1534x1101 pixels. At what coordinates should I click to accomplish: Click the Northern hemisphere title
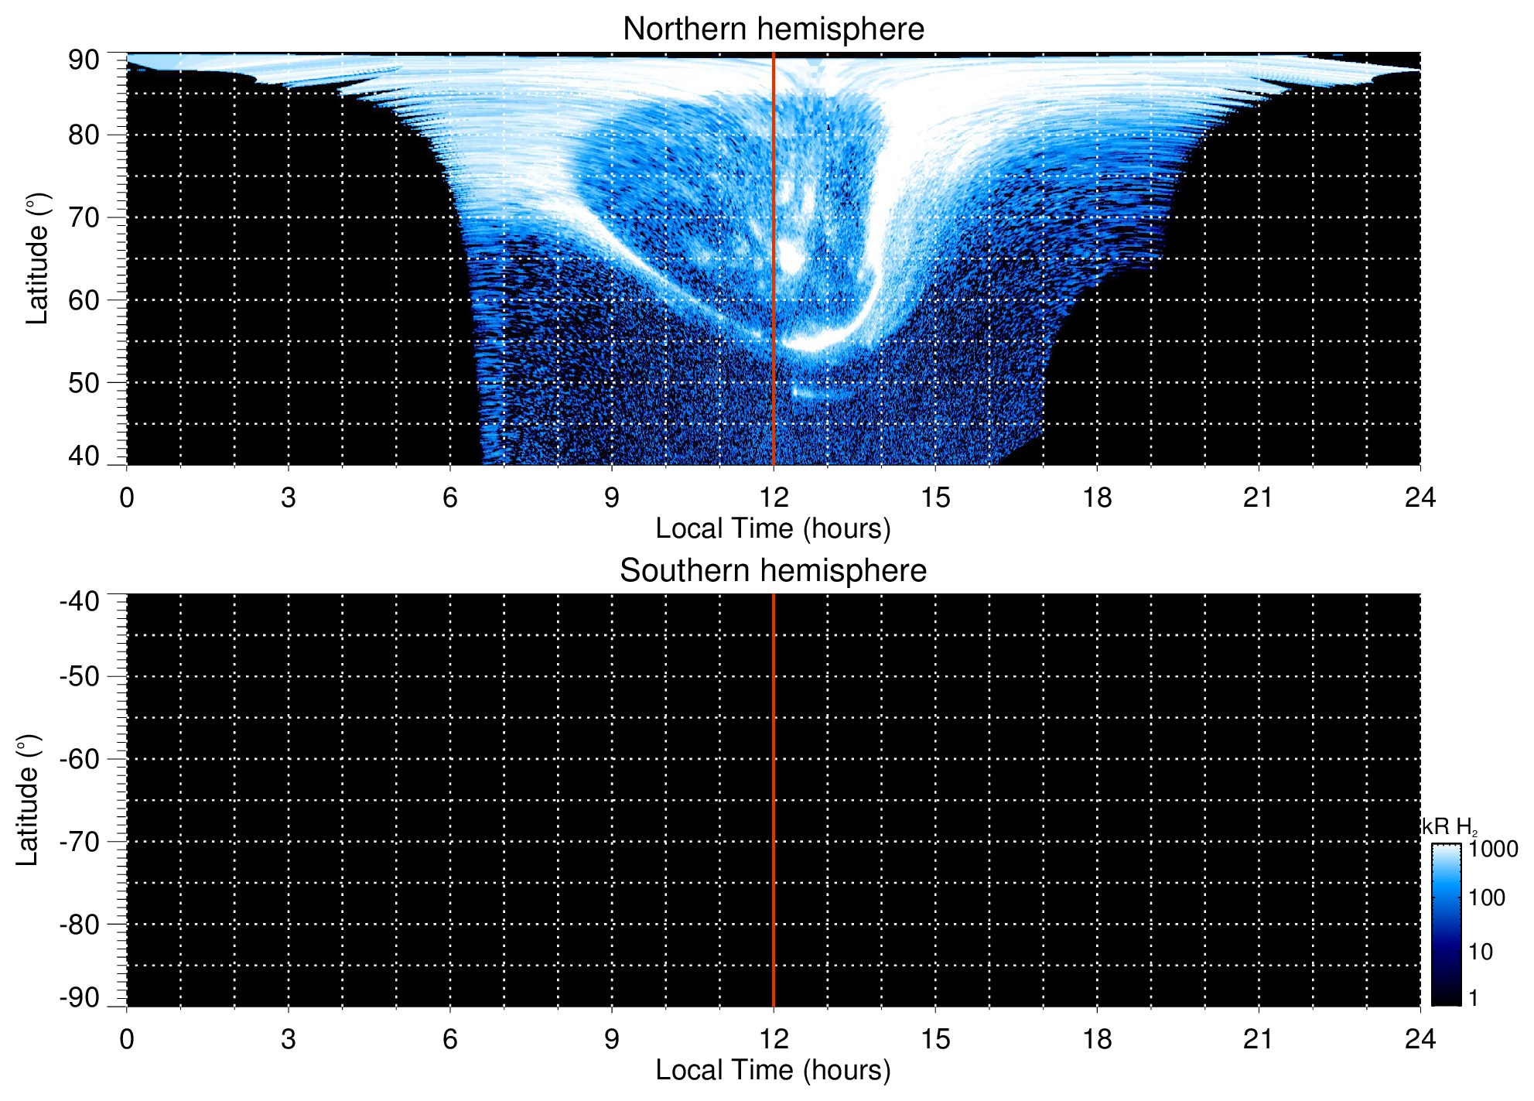click(x=773, y=29)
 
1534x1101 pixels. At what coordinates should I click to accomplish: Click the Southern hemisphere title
click(x=773, y=571)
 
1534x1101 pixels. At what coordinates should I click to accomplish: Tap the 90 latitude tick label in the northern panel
click(x=84, y=60)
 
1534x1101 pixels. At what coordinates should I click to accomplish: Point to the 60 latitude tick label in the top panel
click(x=84, y=300)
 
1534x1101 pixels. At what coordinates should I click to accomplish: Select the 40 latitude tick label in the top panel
click(x=84, y=456)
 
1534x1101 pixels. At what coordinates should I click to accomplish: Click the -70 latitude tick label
click(x=79, y=842)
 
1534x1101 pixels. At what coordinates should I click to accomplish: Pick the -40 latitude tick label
click(x=79, y=601)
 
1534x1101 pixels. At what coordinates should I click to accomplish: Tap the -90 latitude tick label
click(x=79, y=998)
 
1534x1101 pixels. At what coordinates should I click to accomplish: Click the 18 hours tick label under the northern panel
click(x=1097, y=498)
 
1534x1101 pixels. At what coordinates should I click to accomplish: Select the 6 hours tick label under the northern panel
click(x=450, y=498)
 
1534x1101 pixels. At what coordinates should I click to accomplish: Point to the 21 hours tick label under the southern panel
click(x=1259, y=1039)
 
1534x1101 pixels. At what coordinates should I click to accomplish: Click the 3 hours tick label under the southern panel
click(x=289, y=1039)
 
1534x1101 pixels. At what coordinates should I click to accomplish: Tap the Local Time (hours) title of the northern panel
click(x=773, y=529)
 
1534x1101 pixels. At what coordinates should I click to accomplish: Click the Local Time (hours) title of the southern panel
click(x=773, y=1071)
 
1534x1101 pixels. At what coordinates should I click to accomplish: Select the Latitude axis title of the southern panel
click(x=28, y=800)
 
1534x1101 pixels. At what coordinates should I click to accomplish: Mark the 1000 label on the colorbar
click(x=1493, y=850)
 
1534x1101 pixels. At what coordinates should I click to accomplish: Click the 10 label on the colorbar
click(x=1481, y=952)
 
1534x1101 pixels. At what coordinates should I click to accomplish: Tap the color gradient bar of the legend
click(x=1446, y=925)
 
